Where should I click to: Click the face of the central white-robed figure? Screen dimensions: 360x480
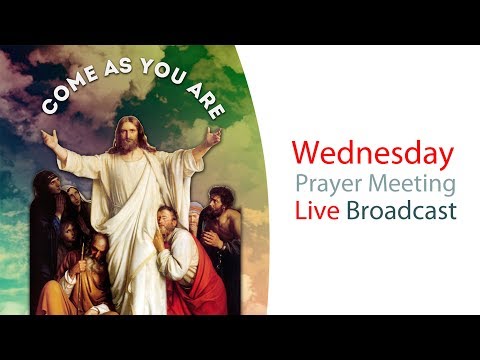(x=126, y=135)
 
